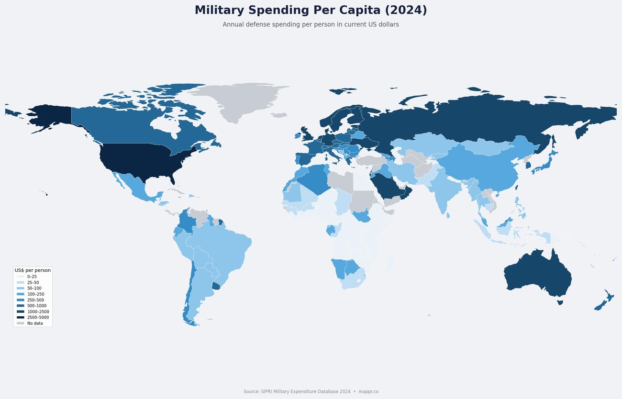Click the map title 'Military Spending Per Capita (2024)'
[311, 11]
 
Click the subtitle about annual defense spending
[311, 24]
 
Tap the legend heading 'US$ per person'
[33, 270]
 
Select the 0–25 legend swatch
[20, 277]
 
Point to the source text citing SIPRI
[311, 391]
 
